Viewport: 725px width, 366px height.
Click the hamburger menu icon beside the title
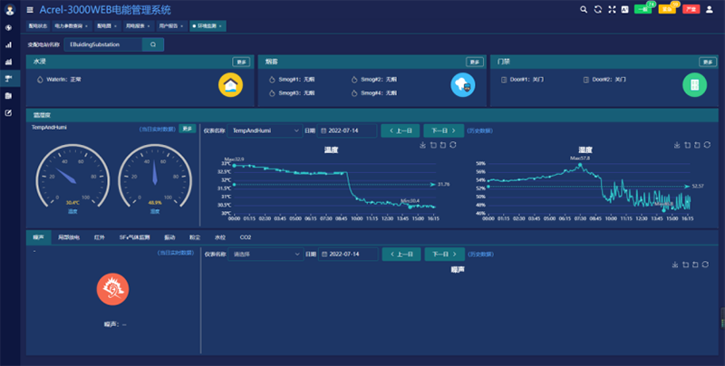click(x=30, y=9)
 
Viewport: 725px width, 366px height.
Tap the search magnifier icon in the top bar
click(x=585, y=9)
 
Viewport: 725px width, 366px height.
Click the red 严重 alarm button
click(x=691, y=9)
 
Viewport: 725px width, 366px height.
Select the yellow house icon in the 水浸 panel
click(x=232, y=85)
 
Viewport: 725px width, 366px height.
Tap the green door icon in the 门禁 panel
click(x=694, y=85)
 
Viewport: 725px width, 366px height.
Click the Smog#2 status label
click(x=372, y=80)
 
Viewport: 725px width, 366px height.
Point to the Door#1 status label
click(x=523, y=80)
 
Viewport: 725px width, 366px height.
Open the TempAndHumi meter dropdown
click(x=265, y=130)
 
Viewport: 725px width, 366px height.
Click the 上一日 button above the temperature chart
click(x=400, y=130)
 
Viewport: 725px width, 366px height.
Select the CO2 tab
click(x=245, y=236)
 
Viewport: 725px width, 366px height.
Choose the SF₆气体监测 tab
click(x=133, y=236)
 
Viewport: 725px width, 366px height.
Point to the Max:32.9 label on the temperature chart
click(x=234, y=159)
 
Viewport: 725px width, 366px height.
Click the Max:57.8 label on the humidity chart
click(x=580, y=158)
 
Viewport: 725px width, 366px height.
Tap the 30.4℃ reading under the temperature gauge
click(x=72, y=202)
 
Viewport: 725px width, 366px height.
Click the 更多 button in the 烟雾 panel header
click(x=473, y=62)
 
